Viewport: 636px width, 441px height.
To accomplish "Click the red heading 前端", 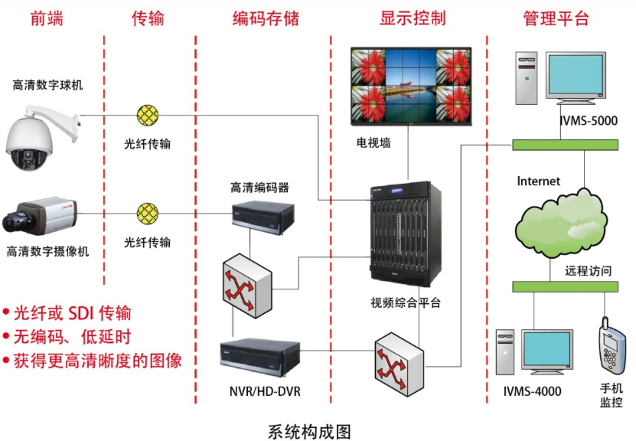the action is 47,18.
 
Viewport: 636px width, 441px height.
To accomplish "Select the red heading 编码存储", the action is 266,18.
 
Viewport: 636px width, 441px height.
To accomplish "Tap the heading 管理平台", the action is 556,18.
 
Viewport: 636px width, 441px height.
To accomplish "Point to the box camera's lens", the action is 15,221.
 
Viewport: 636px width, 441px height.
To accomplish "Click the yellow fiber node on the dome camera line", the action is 148,115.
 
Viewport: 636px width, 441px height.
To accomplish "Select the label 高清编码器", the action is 259,188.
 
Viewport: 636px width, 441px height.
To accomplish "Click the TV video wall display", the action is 411,86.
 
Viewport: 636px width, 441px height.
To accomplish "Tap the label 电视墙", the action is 373,143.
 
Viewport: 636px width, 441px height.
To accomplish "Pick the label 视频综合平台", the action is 406,302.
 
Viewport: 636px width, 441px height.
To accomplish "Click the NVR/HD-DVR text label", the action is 265,391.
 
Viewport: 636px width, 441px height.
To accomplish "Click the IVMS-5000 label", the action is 589,120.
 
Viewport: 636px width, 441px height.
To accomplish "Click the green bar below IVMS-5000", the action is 565,145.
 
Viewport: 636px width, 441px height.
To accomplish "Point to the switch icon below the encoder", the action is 247,286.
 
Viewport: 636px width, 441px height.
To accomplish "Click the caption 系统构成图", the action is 309,432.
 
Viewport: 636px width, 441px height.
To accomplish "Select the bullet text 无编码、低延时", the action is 72,337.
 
